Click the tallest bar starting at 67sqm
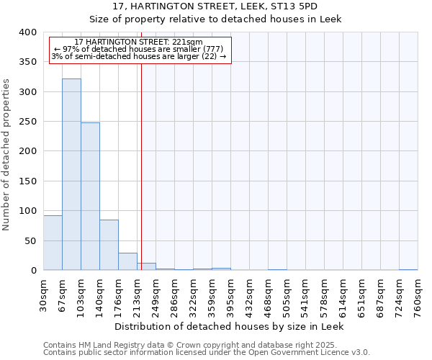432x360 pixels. (x=71, y=174)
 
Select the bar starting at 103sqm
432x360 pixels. (x=90, y=197)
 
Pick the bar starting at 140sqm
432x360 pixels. (x=109, y=245)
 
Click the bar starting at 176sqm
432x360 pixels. (x=127, y=261)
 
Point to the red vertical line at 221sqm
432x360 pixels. (x=141, y=166)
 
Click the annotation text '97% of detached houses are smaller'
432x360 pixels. (x=139, y=49)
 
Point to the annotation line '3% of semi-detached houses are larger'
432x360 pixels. (x=139, y=56)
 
